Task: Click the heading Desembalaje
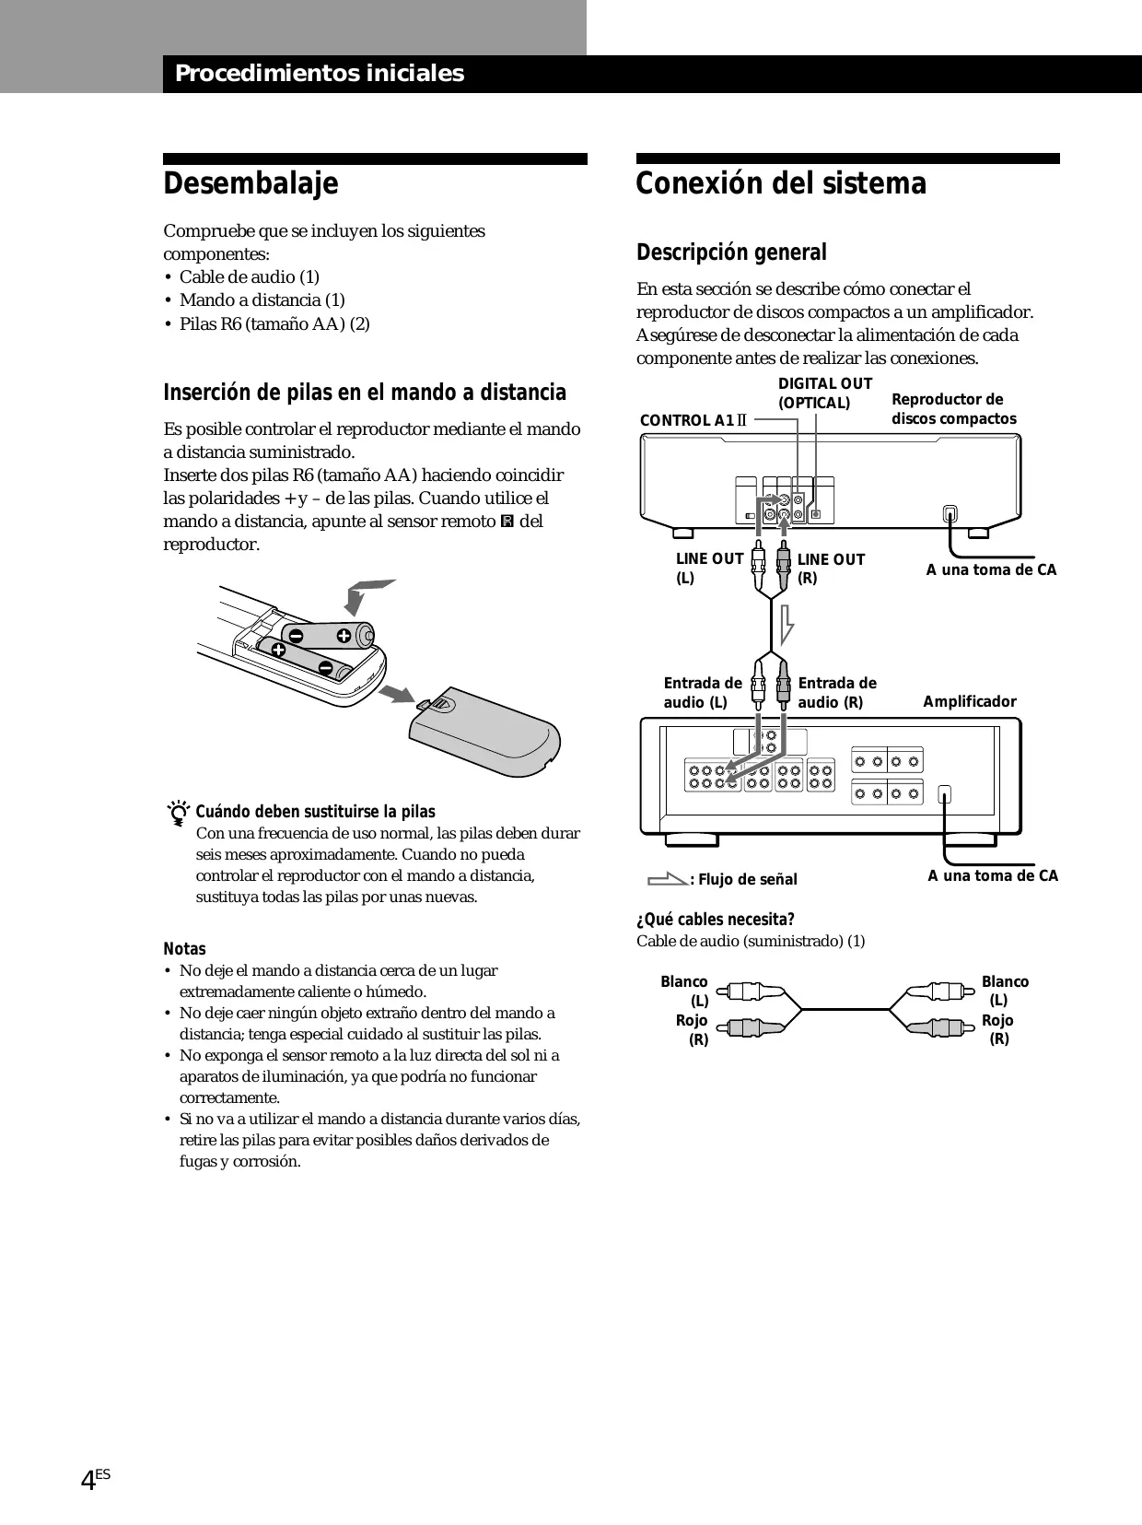[x=251, y=184]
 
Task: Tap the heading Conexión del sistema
[x=781, y=184]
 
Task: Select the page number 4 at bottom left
[x=88, y=1481]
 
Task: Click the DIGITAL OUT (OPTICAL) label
[x=824, y=393]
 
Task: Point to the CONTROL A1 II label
[x=693, y=421]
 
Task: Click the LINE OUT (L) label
[x=709, y=569]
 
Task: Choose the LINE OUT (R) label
[x=831, y=569]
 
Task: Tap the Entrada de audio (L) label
[x=702, y=693]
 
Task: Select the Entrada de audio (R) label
[x=836, y=693]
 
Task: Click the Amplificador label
[x=969, y=702]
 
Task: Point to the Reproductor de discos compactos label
[x=953, y=409]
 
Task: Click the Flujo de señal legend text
[x=746, y=880]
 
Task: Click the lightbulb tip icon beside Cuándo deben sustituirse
[x=179, y=813]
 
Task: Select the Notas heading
[x=184, y=949]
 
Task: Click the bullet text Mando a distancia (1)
[x=262, y=300]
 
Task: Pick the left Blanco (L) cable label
[x=685, y=991]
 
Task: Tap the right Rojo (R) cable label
[x=998, y=1029]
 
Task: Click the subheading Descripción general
[x=731, y=252]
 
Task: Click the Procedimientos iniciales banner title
[x=320, y=74]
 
